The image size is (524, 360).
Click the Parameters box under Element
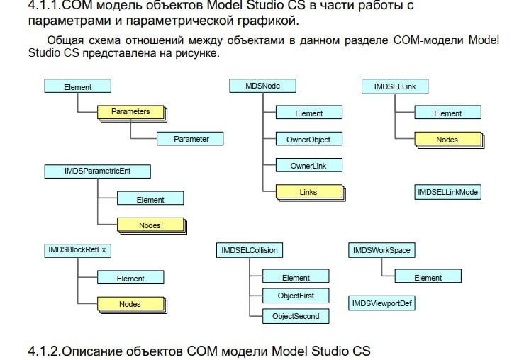click(x=130, y=112)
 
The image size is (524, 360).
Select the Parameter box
click(x=191, y=139)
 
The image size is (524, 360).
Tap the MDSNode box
click(x=262, y=86)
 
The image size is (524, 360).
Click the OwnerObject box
click(x=308, y=140)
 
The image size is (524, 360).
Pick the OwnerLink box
click(x=308, y=166)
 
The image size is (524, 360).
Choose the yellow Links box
click(x=308, y=192)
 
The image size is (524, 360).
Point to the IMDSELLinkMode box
click(x=447, y=192)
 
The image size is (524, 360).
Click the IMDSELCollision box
click(x=250, y=250)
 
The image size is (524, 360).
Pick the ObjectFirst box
click(x=296, y=296)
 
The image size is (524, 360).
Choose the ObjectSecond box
click(x=296, y=316)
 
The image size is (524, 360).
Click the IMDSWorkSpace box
click(x=381, y=250)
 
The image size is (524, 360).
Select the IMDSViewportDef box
click(x=381, y=303)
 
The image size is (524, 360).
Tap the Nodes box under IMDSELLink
click(x=447, y=140)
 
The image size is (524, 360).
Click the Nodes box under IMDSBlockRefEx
click(x=130, y=304)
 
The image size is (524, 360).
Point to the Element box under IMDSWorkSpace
click(x=428, y=278)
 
